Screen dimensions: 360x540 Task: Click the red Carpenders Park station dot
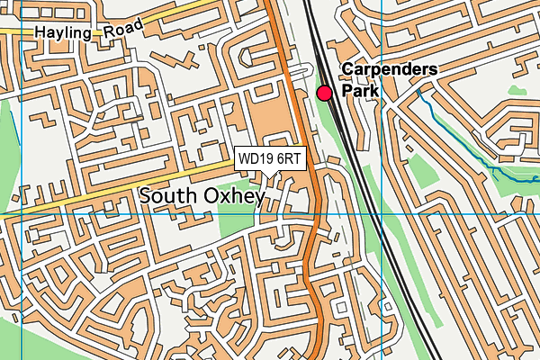324,92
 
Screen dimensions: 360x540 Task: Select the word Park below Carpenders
361,91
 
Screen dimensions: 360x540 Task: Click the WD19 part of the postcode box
255,158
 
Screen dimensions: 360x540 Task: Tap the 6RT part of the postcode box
289,158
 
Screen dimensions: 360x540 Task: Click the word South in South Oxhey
170,195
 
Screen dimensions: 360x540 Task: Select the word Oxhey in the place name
234,195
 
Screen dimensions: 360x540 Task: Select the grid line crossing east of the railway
382,215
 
